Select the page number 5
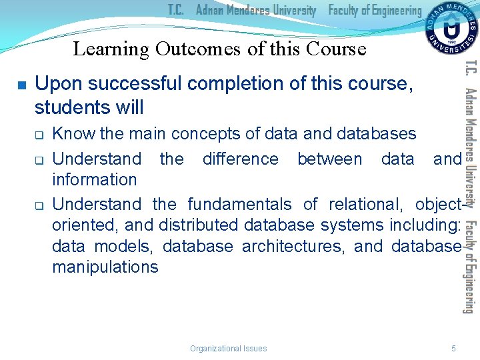453,348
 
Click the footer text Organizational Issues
228,348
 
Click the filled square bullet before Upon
21,85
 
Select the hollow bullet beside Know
39,135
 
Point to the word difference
240,159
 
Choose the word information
94,179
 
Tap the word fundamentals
239,204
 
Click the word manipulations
105,267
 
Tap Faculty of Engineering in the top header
375,10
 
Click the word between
329,159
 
